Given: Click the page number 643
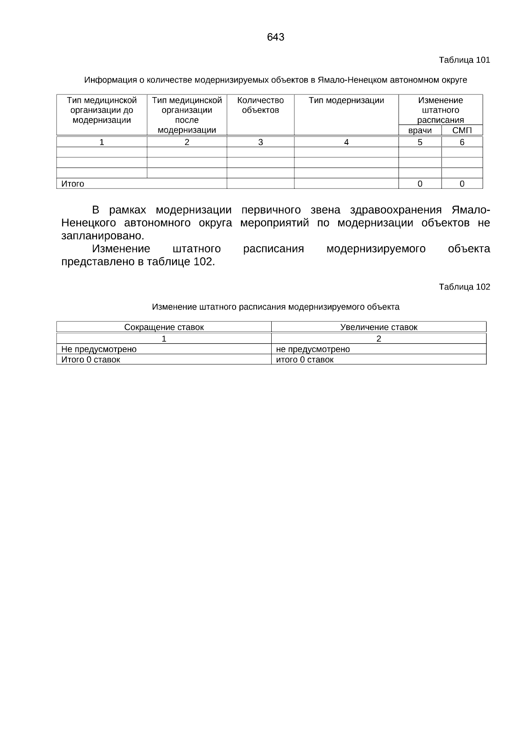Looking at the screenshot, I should coord(275,37).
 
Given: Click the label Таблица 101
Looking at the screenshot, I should coord(464,60).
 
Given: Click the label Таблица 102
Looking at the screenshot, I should coord(464,287).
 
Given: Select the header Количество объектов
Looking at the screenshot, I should coord(260,105).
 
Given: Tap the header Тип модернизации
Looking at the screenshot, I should coord(346,101).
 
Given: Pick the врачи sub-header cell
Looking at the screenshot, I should coord(420,130).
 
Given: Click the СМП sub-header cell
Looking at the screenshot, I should coord(462,130).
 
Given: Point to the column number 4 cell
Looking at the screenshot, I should coord(346,142).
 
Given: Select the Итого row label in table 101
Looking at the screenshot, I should coord(73,184).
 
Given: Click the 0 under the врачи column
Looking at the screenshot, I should coord(420,184).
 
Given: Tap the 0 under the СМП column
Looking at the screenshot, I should coord(462,184).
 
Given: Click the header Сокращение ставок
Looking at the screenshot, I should coord(164,327).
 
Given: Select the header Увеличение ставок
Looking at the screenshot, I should coord(379,327).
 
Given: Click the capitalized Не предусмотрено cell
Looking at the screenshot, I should coord(99,349).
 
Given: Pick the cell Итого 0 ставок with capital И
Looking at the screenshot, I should coord(91,360).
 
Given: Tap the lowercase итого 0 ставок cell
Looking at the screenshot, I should coord(304,360).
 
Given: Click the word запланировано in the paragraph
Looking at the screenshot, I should coord(102,236).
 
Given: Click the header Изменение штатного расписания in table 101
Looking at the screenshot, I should coord(440,110).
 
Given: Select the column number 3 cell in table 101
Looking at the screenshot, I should coord(260,142).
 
